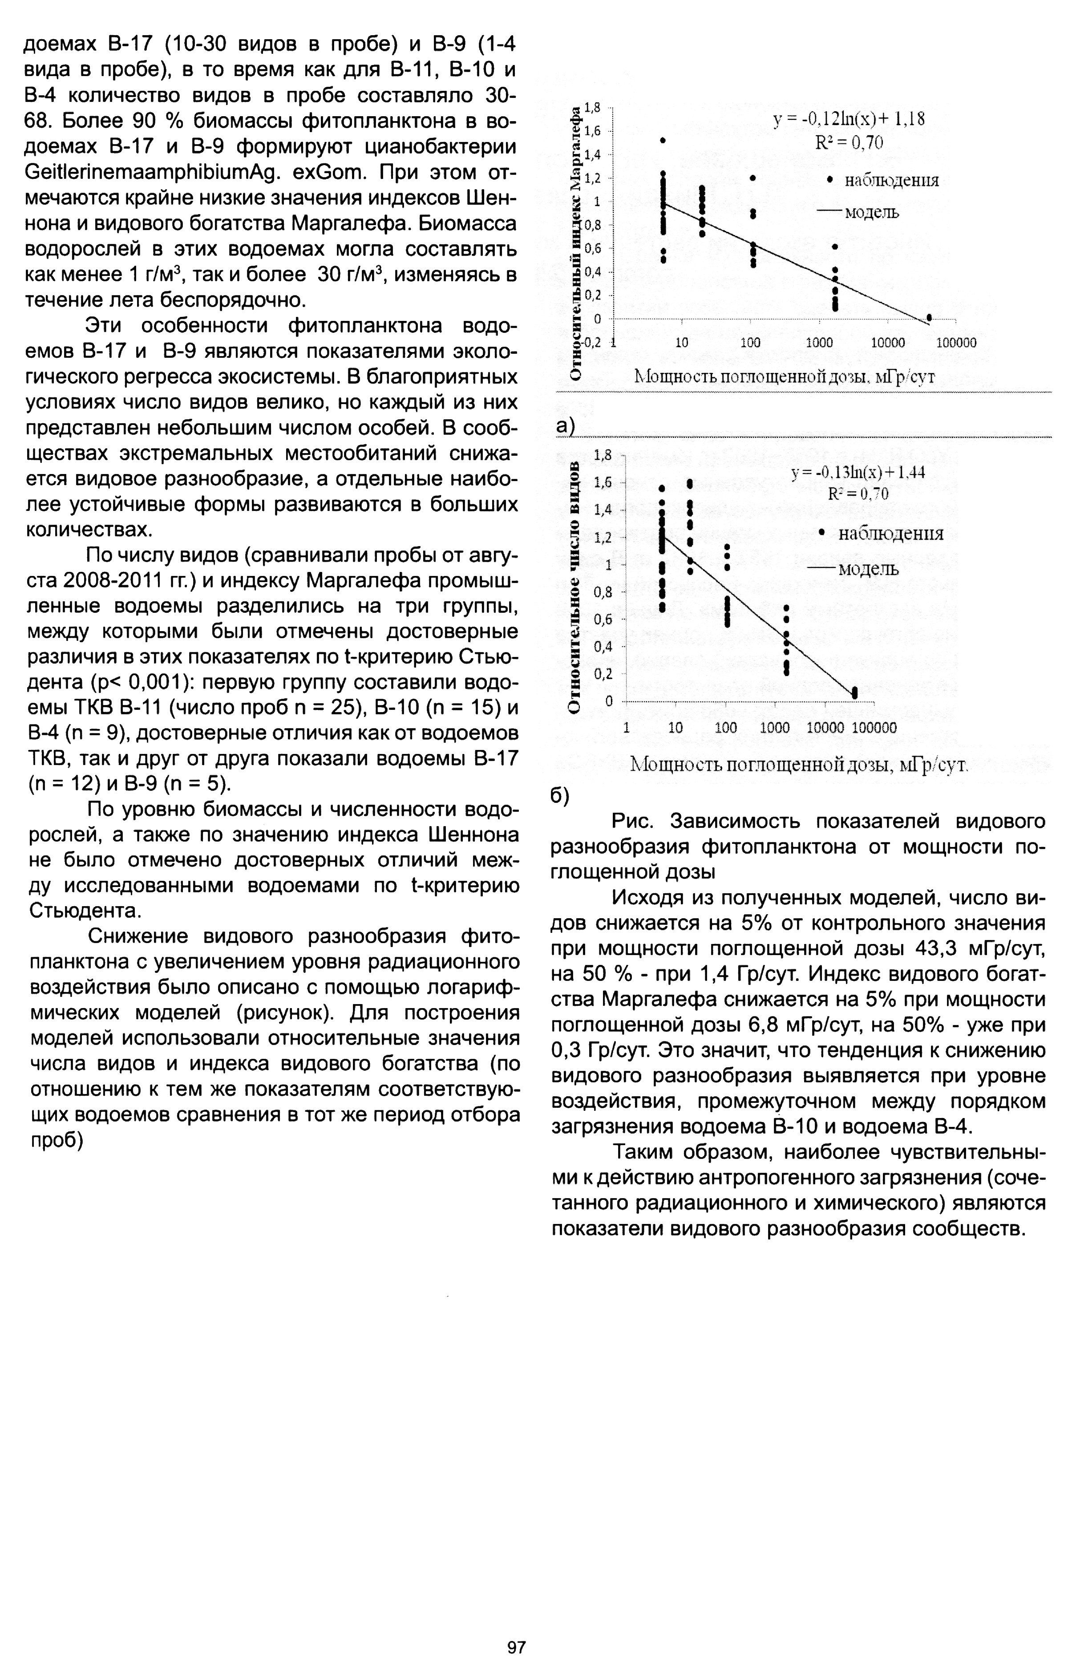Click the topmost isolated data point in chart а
click(663, 140)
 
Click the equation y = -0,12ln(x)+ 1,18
click(849, 119)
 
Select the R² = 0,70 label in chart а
click(849, 143)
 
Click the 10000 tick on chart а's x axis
click(888, 343)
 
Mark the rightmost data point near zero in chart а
click(929, 317)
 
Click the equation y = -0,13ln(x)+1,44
click(858, 473)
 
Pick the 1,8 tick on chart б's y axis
click(603, 455)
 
